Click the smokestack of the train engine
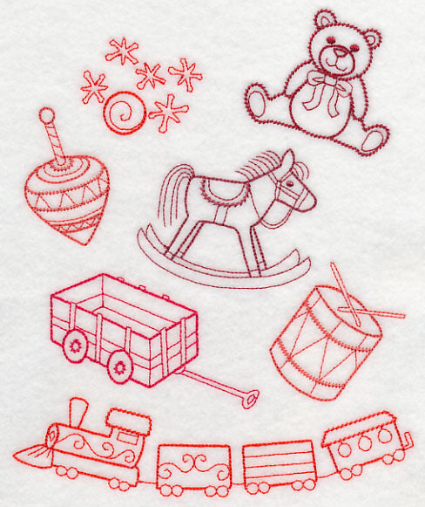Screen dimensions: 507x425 [78, 411]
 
